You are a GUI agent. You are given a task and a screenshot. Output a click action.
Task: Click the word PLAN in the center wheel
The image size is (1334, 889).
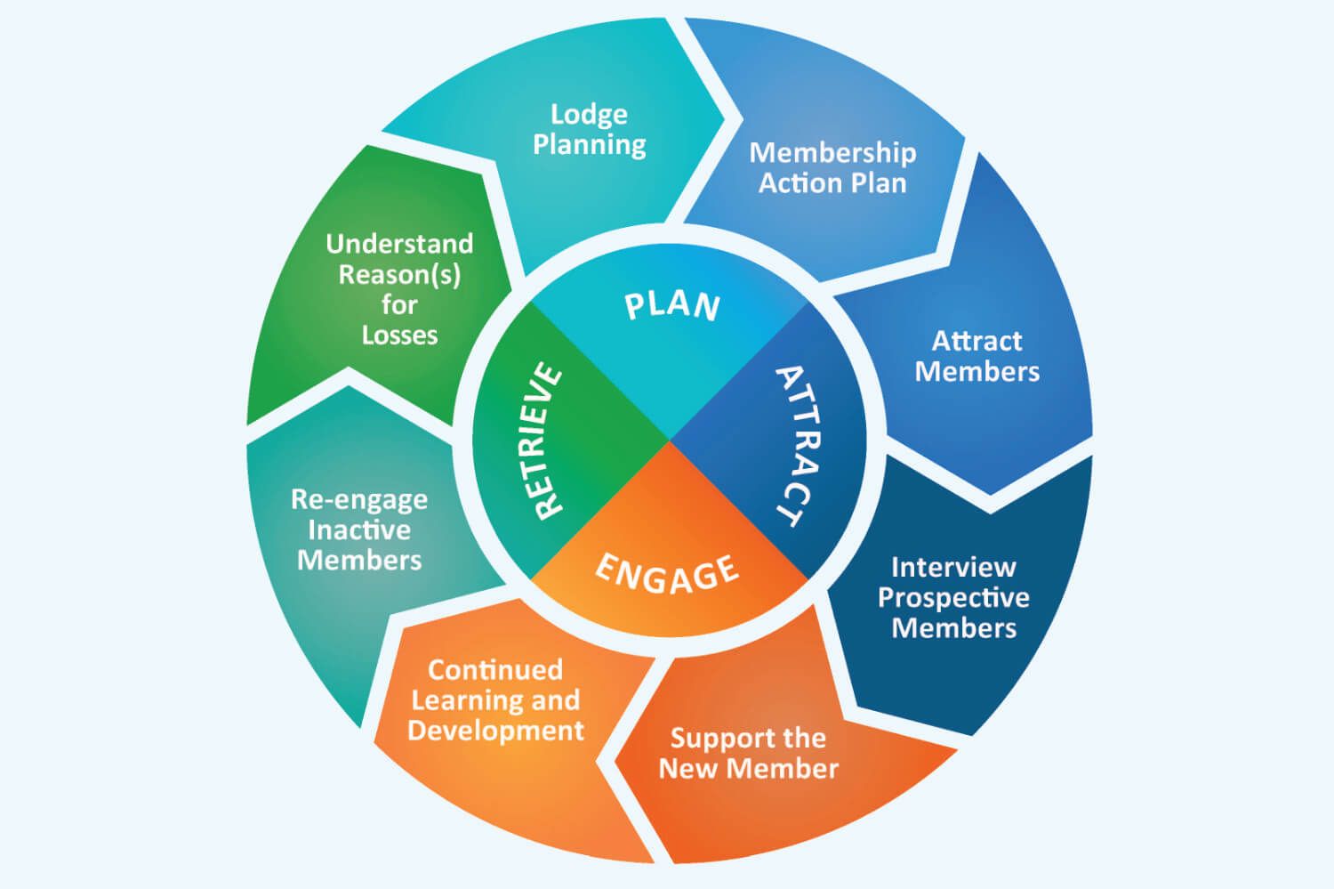pyautogui.click(x=671, y=305)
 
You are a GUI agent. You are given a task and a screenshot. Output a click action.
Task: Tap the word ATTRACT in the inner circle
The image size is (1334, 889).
pyautogui.click(x=798, y=445)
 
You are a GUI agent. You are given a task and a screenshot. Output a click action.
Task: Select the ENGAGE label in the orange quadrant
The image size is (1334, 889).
pyautogui.click(x=666, y=572)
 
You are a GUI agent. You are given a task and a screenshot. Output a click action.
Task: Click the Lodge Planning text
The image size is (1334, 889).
pyautogui.click(x=589, y=129)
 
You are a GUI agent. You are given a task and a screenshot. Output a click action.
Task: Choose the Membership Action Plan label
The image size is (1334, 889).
pyautogui.click(x=832, y=167)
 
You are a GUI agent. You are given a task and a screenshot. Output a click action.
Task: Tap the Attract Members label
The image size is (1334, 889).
pyautogui.click(x=976, y=356)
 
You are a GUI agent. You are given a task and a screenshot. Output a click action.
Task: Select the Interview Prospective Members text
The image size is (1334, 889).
pyautogui.click(x=953, y=597)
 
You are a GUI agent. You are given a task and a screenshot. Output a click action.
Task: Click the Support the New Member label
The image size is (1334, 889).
pyautogui.click(x=748, y=753)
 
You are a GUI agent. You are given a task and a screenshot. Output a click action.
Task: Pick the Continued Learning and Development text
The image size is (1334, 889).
pyautogui.click(x=495, y=700)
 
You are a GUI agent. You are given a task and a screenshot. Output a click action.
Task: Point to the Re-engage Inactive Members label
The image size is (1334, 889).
pyautogui.click(x=359, y=529)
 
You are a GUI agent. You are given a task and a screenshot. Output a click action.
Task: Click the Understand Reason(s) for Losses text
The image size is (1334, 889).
pyautogui.click(x=399, y=289)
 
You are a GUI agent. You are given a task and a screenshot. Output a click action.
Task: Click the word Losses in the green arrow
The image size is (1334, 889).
pyautogui.click(x=399, y=335)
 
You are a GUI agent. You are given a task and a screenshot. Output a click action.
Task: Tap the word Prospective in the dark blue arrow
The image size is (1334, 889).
pyautogui.click(x=953, y=598)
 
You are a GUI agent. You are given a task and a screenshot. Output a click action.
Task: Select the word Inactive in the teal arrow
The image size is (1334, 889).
pyautogui.click(x=359, y=530)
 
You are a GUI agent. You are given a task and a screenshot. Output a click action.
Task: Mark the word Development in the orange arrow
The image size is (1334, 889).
pyautogui.click(x=495, y=731)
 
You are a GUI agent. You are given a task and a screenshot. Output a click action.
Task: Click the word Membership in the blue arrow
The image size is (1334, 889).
pyautogui.click(x=832, y=152)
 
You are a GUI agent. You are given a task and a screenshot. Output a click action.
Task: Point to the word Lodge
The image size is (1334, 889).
pyautogui.click(x=589, y=114)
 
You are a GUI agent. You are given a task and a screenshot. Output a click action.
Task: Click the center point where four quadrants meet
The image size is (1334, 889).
pyautogui.click(x=669, y=440)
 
